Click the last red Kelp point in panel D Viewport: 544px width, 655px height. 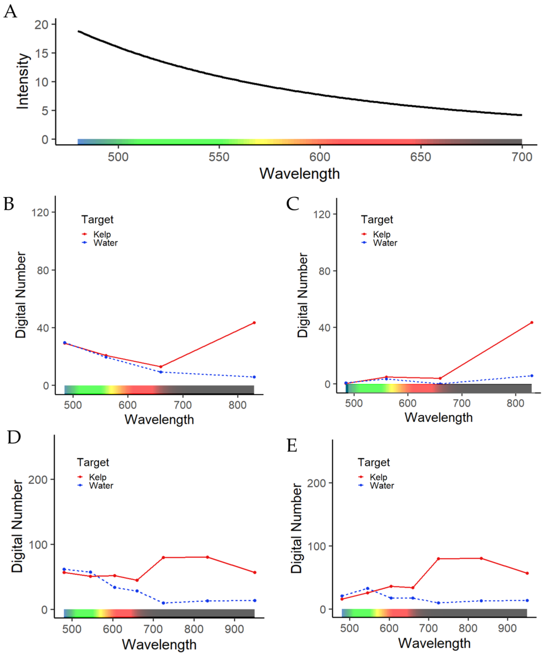(255, 572)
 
